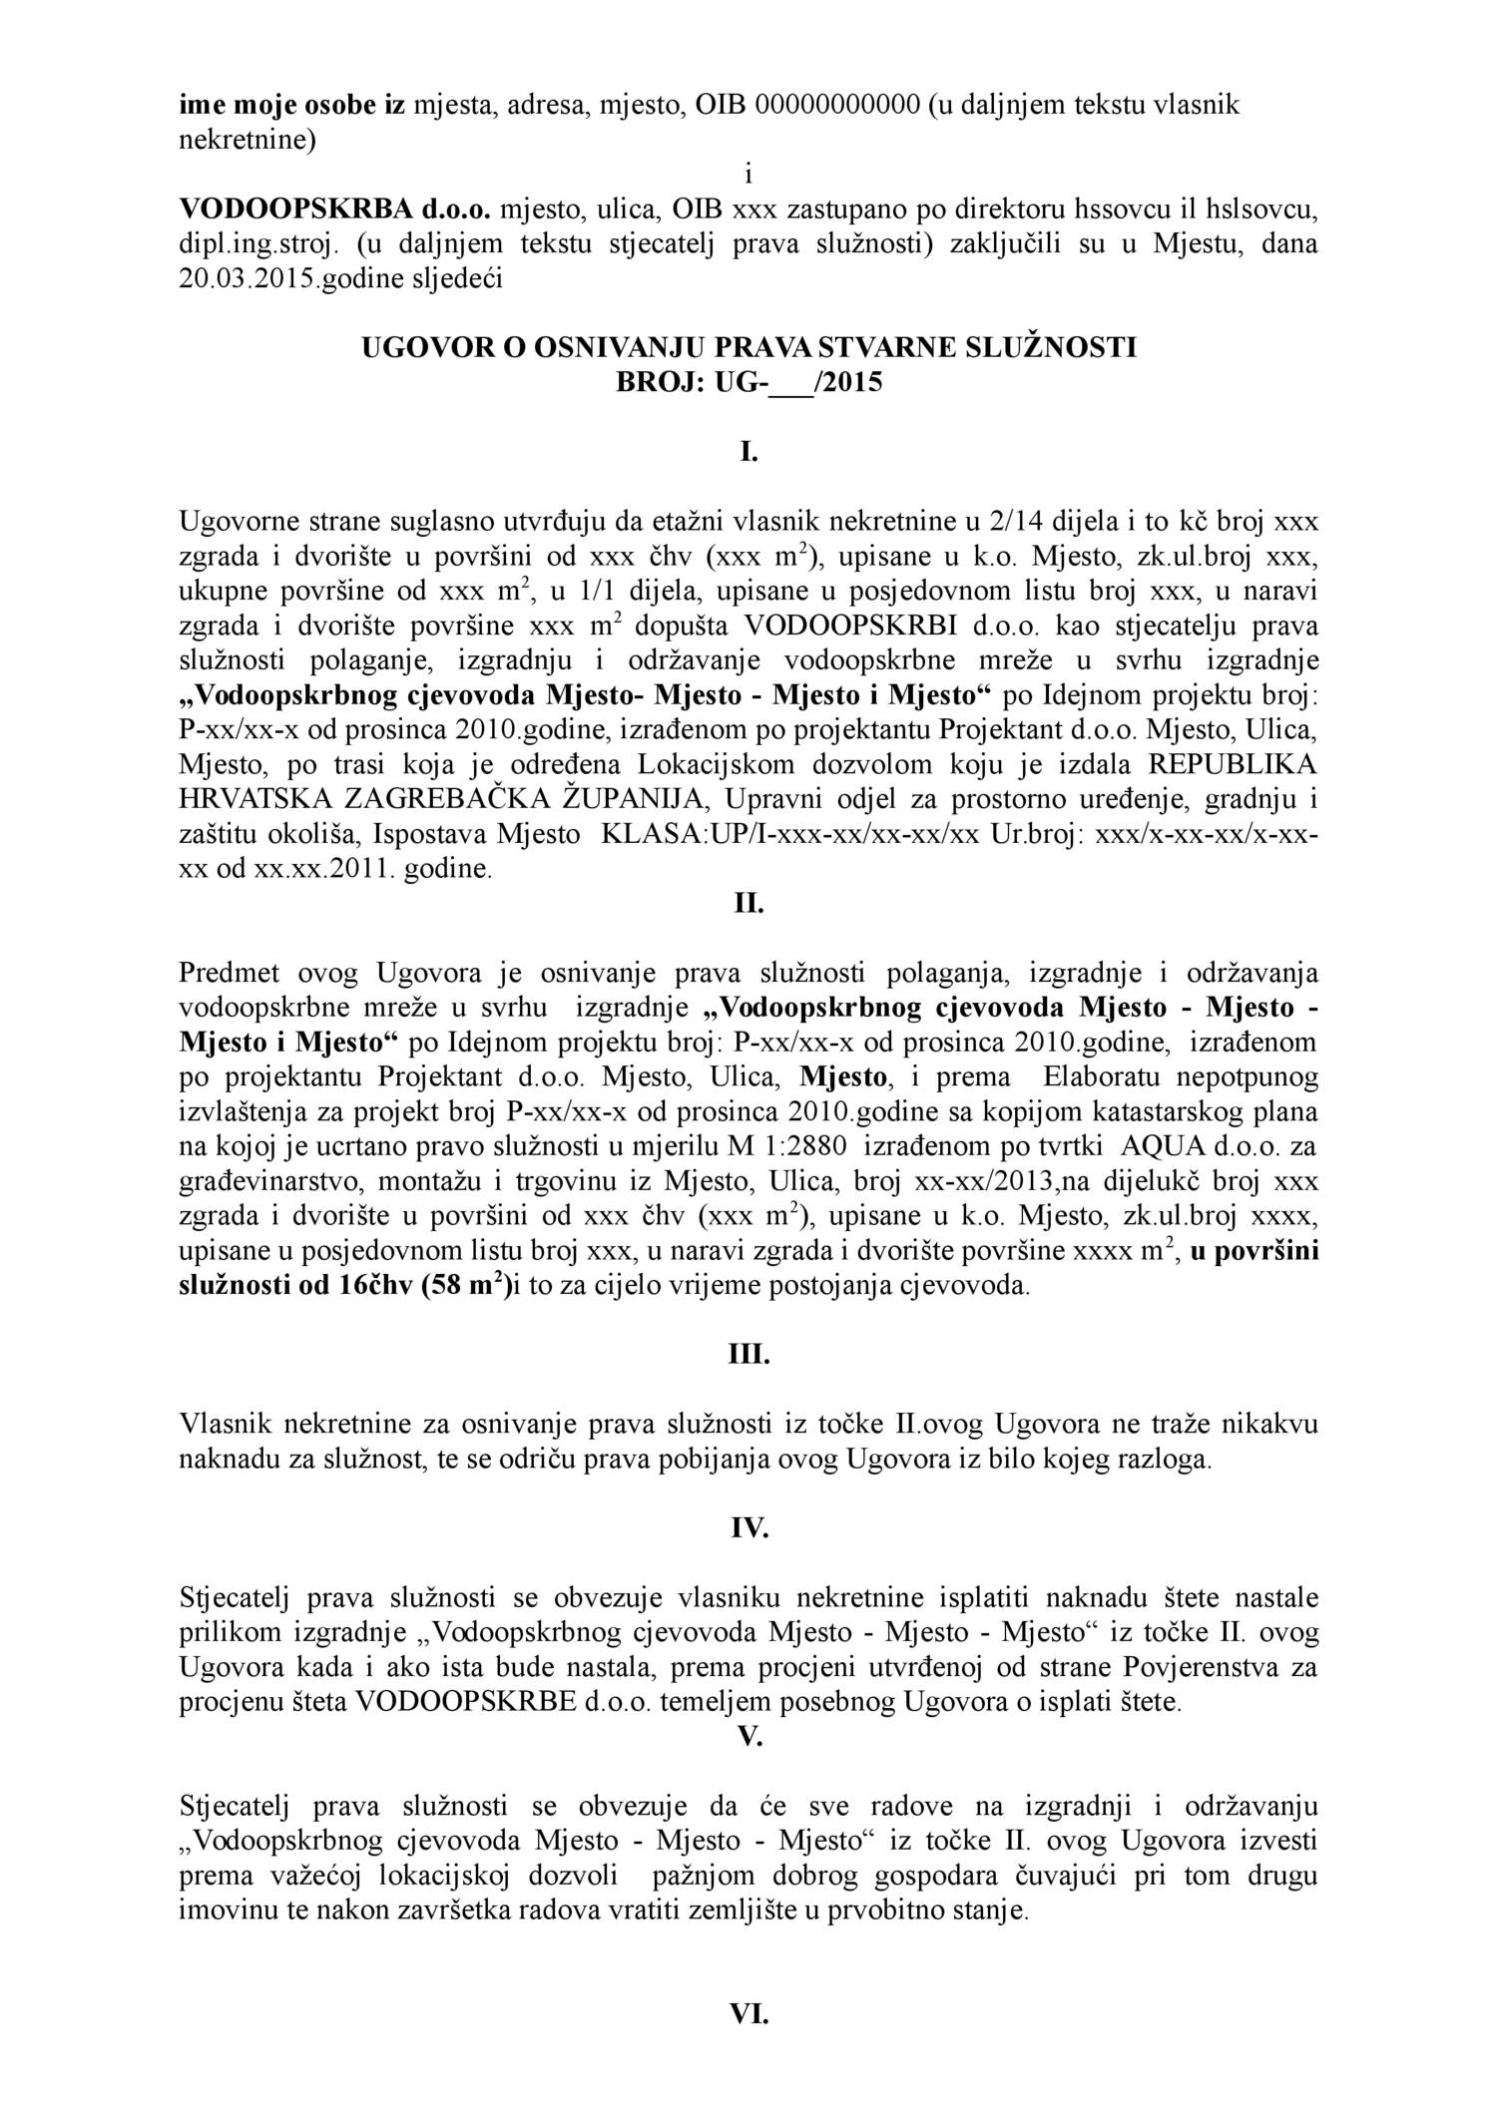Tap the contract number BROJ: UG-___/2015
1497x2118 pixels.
click(x=748, y=382)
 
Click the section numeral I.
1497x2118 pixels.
click(x=748, y=452)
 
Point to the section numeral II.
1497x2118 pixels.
click(x=748, y=904)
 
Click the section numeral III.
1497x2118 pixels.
click(x=748, y=1356)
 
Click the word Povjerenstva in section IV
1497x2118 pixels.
click(x=1208, y=1667)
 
